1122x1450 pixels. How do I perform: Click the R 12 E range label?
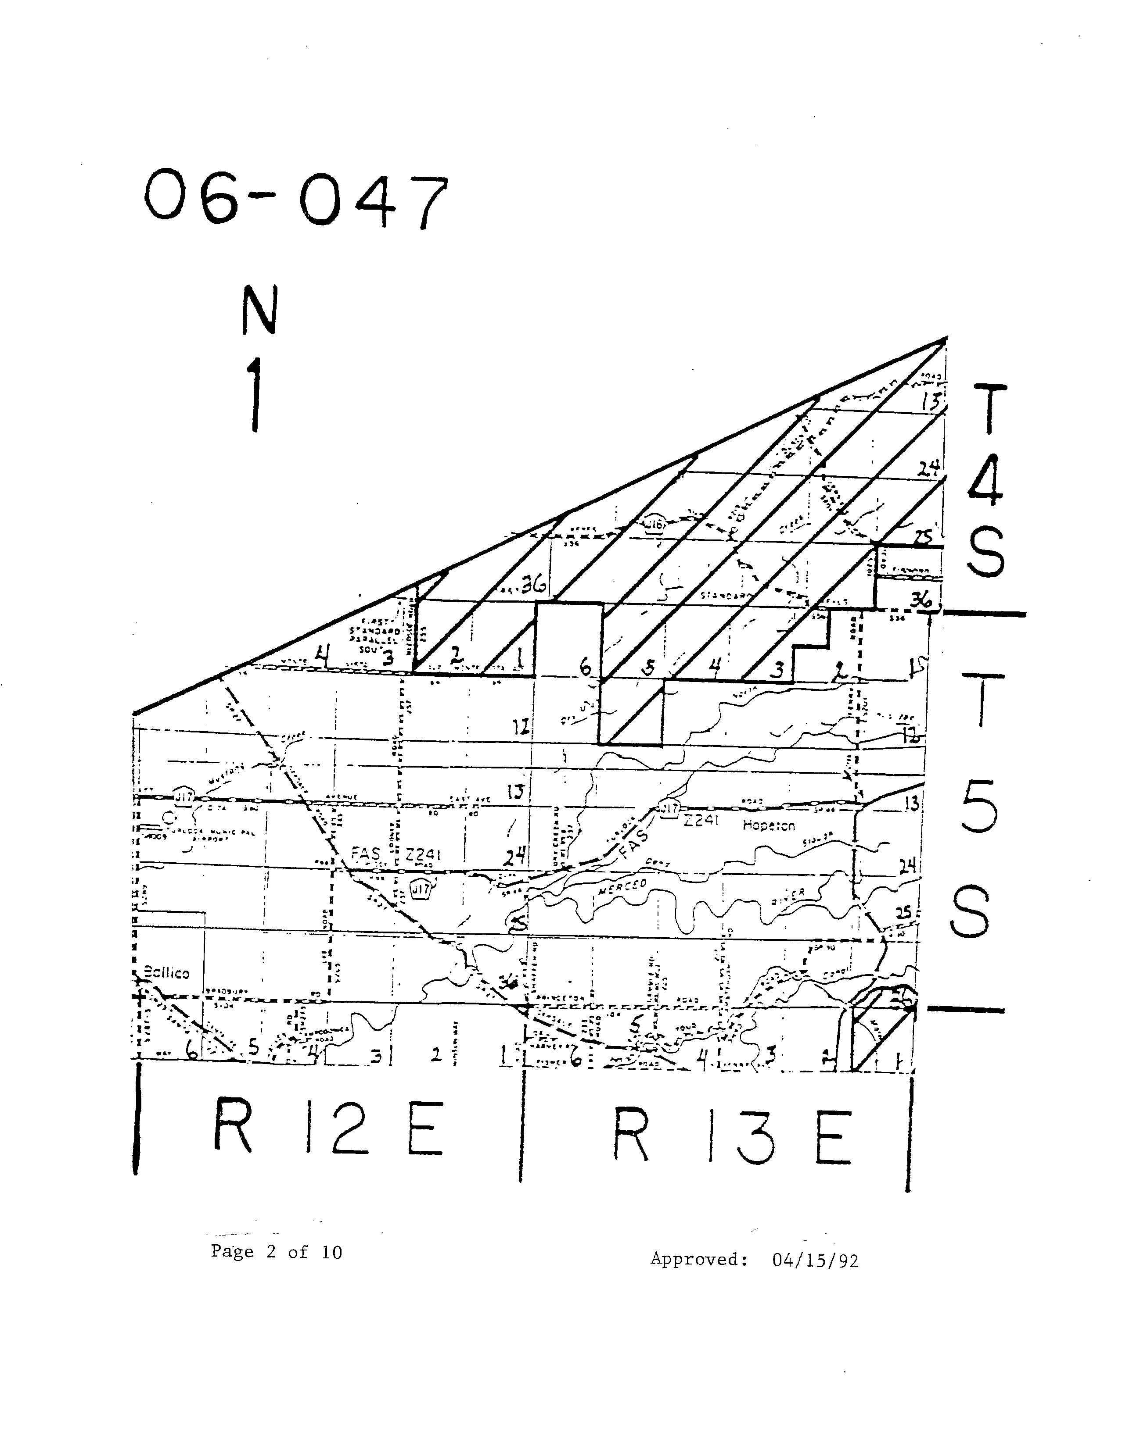[327, 1128]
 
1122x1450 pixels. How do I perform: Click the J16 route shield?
[655, 525]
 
